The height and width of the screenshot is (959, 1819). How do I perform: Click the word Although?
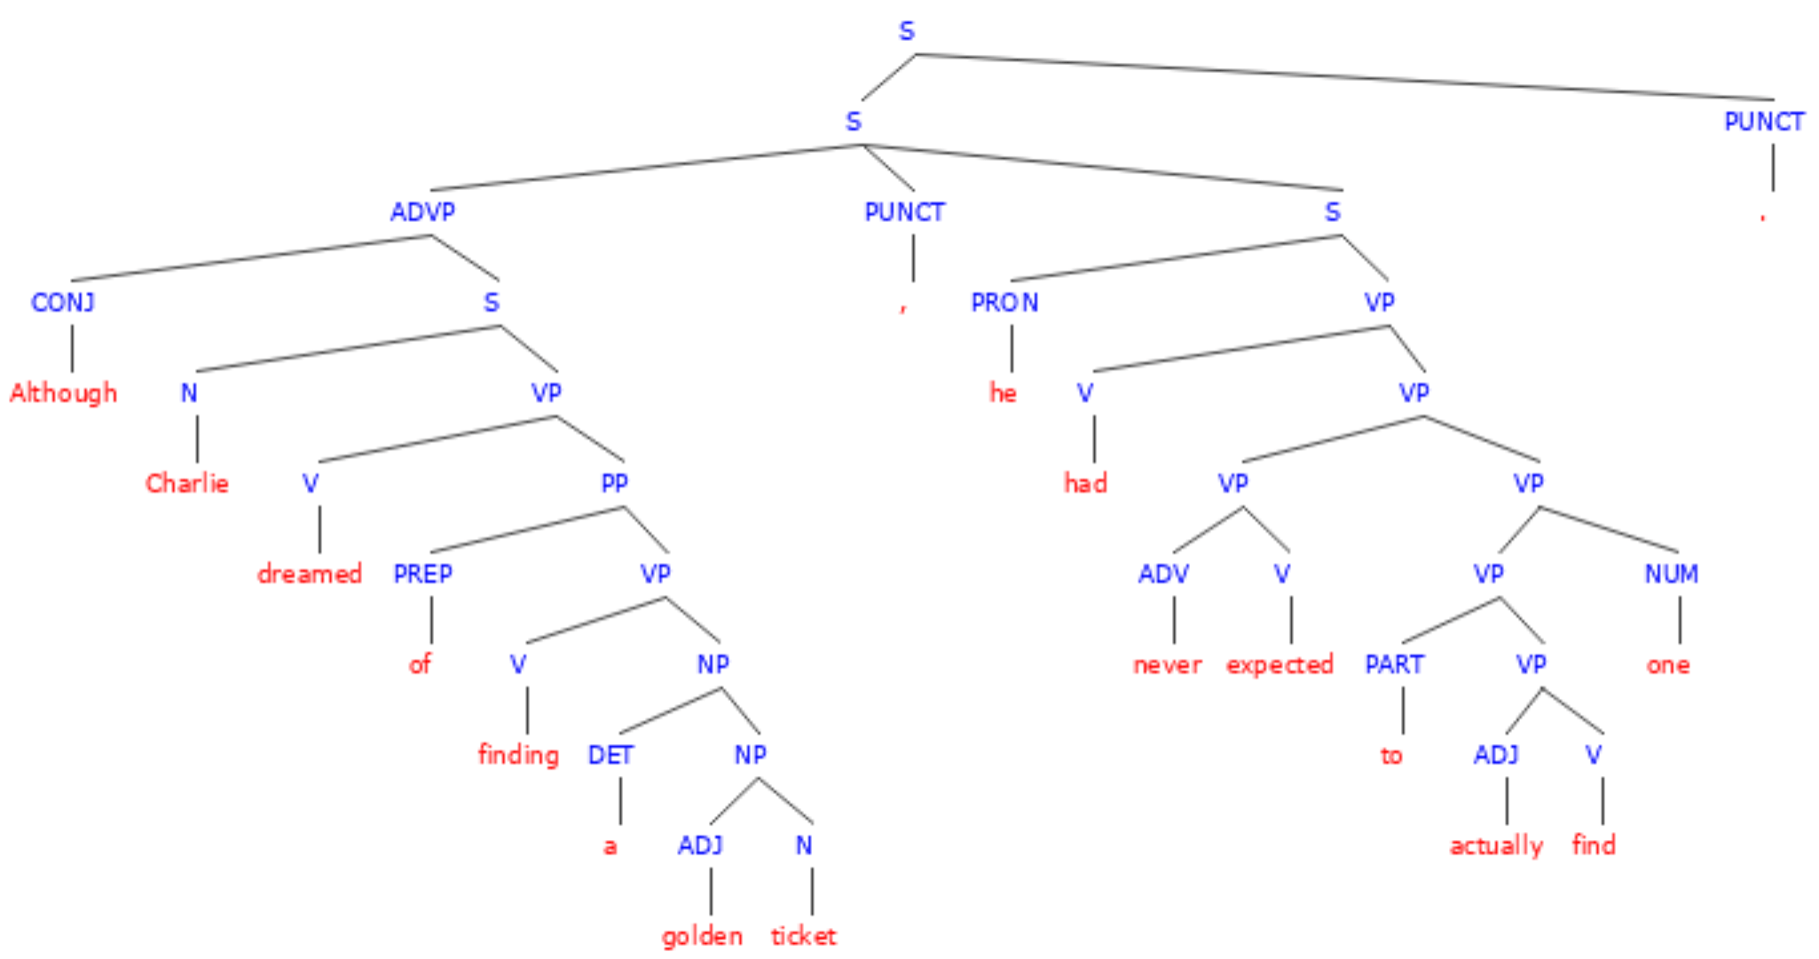(x=63, y=392)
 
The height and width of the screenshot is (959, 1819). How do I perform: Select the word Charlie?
(x=187, y=483)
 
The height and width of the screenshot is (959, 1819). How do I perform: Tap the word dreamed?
(x=310, y=574)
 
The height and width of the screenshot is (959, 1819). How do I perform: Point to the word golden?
(x=702, y=936)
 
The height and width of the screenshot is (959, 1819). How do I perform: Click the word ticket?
(x=803, y=936)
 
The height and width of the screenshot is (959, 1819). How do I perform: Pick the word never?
(x=1168, y=665)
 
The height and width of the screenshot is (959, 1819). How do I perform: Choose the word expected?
(x=1280, y=665)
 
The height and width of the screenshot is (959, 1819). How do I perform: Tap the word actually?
(x=1496, y=845)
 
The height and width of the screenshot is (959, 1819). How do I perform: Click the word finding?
(x=518, y=755)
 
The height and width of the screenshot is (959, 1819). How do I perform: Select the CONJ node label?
(x=63, y=303)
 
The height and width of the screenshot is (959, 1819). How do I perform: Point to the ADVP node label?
(x=423, y=212)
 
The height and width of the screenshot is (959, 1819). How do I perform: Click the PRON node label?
(x=1004, y=303)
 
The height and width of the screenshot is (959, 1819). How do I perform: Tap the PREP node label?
(x=423, y=574)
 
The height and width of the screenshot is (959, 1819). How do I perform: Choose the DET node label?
(x=610, y=755)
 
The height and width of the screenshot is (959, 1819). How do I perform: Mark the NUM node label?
(x=1672, y=574)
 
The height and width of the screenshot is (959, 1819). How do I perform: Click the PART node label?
(x=1394, y=664)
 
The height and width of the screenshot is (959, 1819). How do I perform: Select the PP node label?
(x=614, y=483)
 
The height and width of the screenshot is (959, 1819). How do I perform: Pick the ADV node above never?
(x=1163, y=574)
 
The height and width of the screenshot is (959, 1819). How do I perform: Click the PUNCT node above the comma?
(x=905, y=212)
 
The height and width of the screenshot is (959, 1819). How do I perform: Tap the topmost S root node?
(x=906, y=31)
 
